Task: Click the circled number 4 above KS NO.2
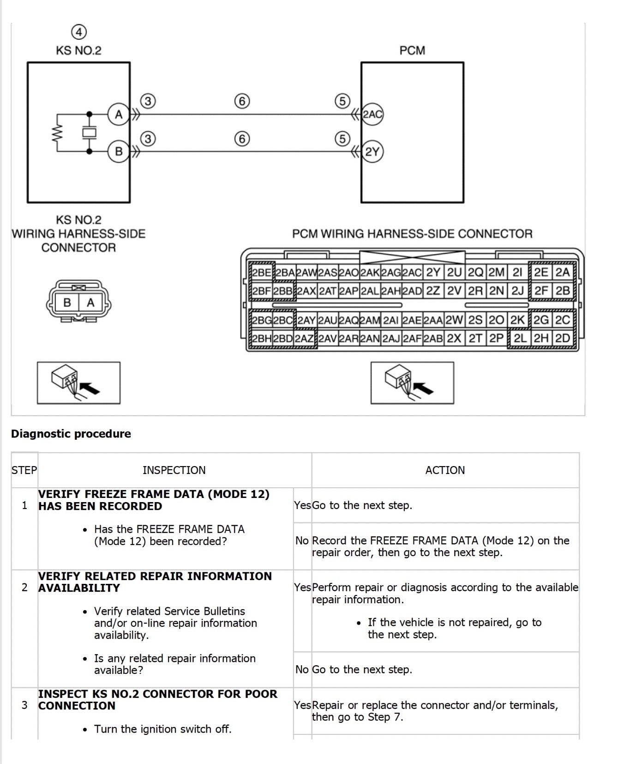click(79, 32)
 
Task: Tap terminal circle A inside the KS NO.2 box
click(119, 114)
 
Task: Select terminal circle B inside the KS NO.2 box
click(119, 151)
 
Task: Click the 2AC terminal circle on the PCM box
click(372, 114)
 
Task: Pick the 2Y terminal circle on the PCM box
click(372, 152)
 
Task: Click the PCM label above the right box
click(412, 50)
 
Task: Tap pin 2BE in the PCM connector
click(262, 273)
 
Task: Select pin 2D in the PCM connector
click(562, 338)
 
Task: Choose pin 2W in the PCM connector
click(454, 320)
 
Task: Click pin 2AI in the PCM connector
click(390, 320)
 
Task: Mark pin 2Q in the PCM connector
click(475, 273)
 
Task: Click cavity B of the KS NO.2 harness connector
click(67, 303)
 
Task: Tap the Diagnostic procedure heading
click(71, 434)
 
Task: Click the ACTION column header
click(445, 470)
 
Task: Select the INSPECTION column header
click(174, 470)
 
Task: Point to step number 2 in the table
click(24, 588)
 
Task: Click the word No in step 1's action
click(302, 540)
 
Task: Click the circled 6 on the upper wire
click(242, 101)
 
